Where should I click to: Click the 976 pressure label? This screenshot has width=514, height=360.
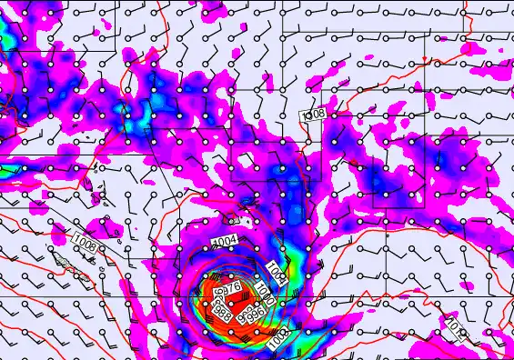pyautogui.click(x=231, y=288)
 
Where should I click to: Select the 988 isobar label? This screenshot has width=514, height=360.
pyautogui.click(x=220, y=310)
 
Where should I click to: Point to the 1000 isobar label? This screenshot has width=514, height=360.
pyautogui.click(x=265, y=295)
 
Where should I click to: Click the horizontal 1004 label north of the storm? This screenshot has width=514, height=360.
pyautogui.click(x=224, y=240)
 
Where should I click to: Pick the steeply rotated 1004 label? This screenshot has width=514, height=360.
pyautogui.click(x=277, y=272)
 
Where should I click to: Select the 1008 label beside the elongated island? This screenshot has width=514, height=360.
pyautogui.click(x=85, y=245)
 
